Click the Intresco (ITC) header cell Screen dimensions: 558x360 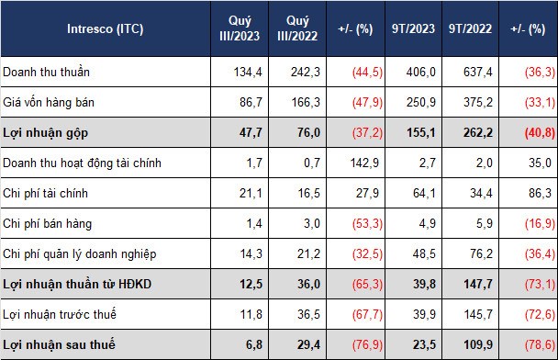point(105,28)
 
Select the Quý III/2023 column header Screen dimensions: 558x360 point(240,28)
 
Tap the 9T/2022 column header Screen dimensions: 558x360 point(470,28)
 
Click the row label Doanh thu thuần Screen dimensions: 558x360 point(46,72)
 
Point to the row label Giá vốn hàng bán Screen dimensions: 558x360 point(49,103)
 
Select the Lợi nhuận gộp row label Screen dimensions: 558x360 point(46,133)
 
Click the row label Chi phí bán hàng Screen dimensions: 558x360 point(48,224)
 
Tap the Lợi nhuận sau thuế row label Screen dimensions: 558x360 point(59,344)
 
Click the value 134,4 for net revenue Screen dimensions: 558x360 point(248,72)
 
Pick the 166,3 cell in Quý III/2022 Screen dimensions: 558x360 point(306,103)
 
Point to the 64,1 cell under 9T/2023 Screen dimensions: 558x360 point(424,194)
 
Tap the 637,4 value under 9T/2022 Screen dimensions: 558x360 point(478,72)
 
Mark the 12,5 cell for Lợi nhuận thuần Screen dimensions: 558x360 point(251,284)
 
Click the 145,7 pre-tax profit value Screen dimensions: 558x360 point(478,314)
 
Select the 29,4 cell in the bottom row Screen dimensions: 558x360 point(308,344)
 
